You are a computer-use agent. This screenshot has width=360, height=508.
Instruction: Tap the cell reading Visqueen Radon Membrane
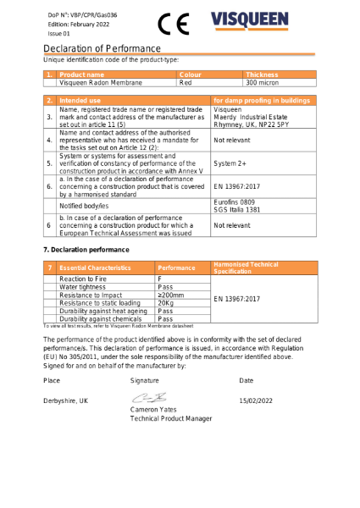[x=101, y=83]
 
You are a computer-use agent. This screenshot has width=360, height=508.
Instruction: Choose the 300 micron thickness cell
[x=262, y=83]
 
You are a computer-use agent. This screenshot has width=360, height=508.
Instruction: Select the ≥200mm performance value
[x=170, y=295]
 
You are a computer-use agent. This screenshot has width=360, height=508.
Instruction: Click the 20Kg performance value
[x=166, y=302]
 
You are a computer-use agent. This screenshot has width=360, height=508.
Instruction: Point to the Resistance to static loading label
[x=100, y=302]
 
